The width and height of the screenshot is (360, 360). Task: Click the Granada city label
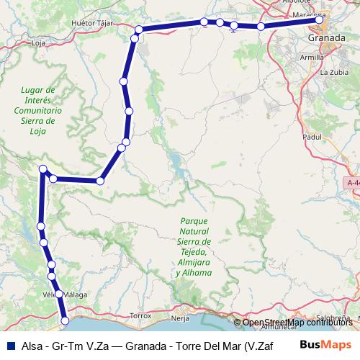point(325,37)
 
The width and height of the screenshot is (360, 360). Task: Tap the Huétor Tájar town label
point(91,24)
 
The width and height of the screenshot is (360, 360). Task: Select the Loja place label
point(39,42)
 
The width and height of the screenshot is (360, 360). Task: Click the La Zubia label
point(334,72)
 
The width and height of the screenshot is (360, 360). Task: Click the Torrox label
point(140,315)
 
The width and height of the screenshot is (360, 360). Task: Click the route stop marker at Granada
point(320,21)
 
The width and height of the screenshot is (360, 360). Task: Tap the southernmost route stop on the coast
point(65,320)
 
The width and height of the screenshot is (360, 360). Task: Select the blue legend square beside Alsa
point(8,344)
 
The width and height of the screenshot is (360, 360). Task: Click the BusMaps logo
point(324,344)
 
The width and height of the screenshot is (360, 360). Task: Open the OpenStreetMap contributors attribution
point(298,322)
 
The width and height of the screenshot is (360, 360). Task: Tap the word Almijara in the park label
point(194,264)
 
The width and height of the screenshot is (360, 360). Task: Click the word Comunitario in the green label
point(37,112)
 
